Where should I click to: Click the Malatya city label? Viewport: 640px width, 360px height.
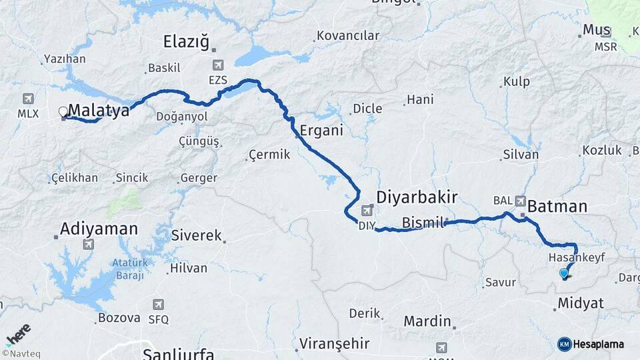pos(99,111)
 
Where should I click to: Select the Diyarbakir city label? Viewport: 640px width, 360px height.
pos(417,197)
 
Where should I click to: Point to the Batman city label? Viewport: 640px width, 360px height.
pos(557,207)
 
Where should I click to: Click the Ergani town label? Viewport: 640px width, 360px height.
pos(321,130)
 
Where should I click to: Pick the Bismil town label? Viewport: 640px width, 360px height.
pos(423,223)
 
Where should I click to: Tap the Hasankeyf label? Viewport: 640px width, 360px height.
pos(576,257)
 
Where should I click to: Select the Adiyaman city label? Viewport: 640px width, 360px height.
pos(99,229)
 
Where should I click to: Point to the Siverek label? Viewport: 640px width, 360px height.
pos(196,235)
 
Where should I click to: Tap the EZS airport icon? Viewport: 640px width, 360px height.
pos(218,65)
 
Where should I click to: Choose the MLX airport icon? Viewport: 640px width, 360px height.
pos(28,99)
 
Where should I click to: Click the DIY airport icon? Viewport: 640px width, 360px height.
pos(367,211)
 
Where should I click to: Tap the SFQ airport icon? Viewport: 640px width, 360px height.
pos(158,305)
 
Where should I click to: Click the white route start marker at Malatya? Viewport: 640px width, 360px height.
pos(63,111)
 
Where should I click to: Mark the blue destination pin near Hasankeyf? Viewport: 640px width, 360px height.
pos(564,272)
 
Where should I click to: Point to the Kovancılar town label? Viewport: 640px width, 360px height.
pos(348,35)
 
